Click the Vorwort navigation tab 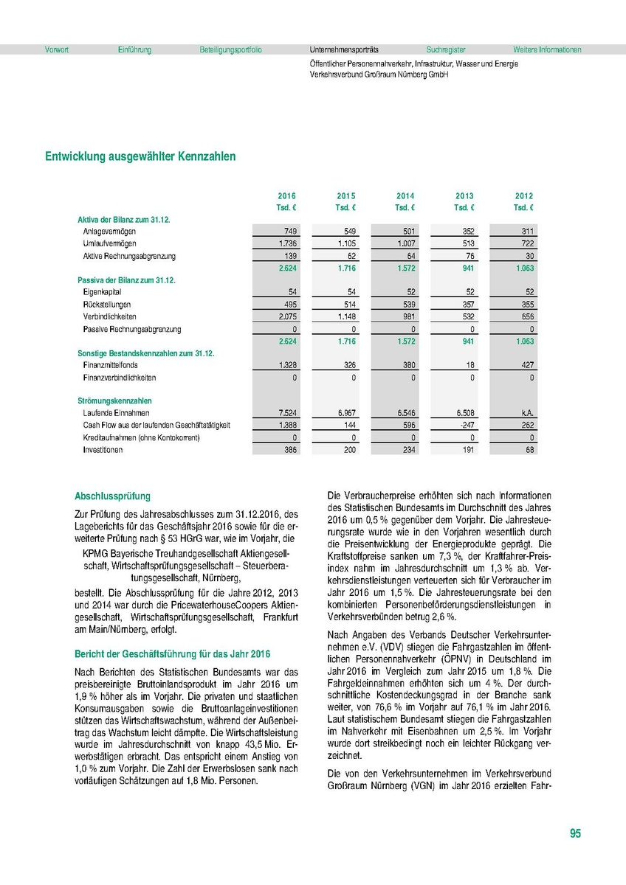[x=57, y=50]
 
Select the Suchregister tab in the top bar [x=445, y=50]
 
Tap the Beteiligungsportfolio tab [x=230, y=50]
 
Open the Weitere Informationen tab [x=547, y=50]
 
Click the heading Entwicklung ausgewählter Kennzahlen [x=140, y=156]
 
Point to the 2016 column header [x=286, y=196]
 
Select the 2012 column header [x=524, y=196]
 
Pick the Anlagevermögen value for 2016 [x=289, y=232]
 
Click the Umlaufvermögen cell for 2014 [x=406, y=243]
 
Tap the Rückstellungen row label [x=107, y=305]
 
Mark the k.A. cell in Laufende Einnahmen [x=526, y=413]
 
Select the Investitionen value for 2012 [x=529, y=450]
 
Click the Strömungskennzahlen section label [x=110, y=400]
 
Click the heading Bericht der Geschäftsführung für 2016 [x=173, y=653]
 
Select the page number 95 [x=575, y=834]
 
